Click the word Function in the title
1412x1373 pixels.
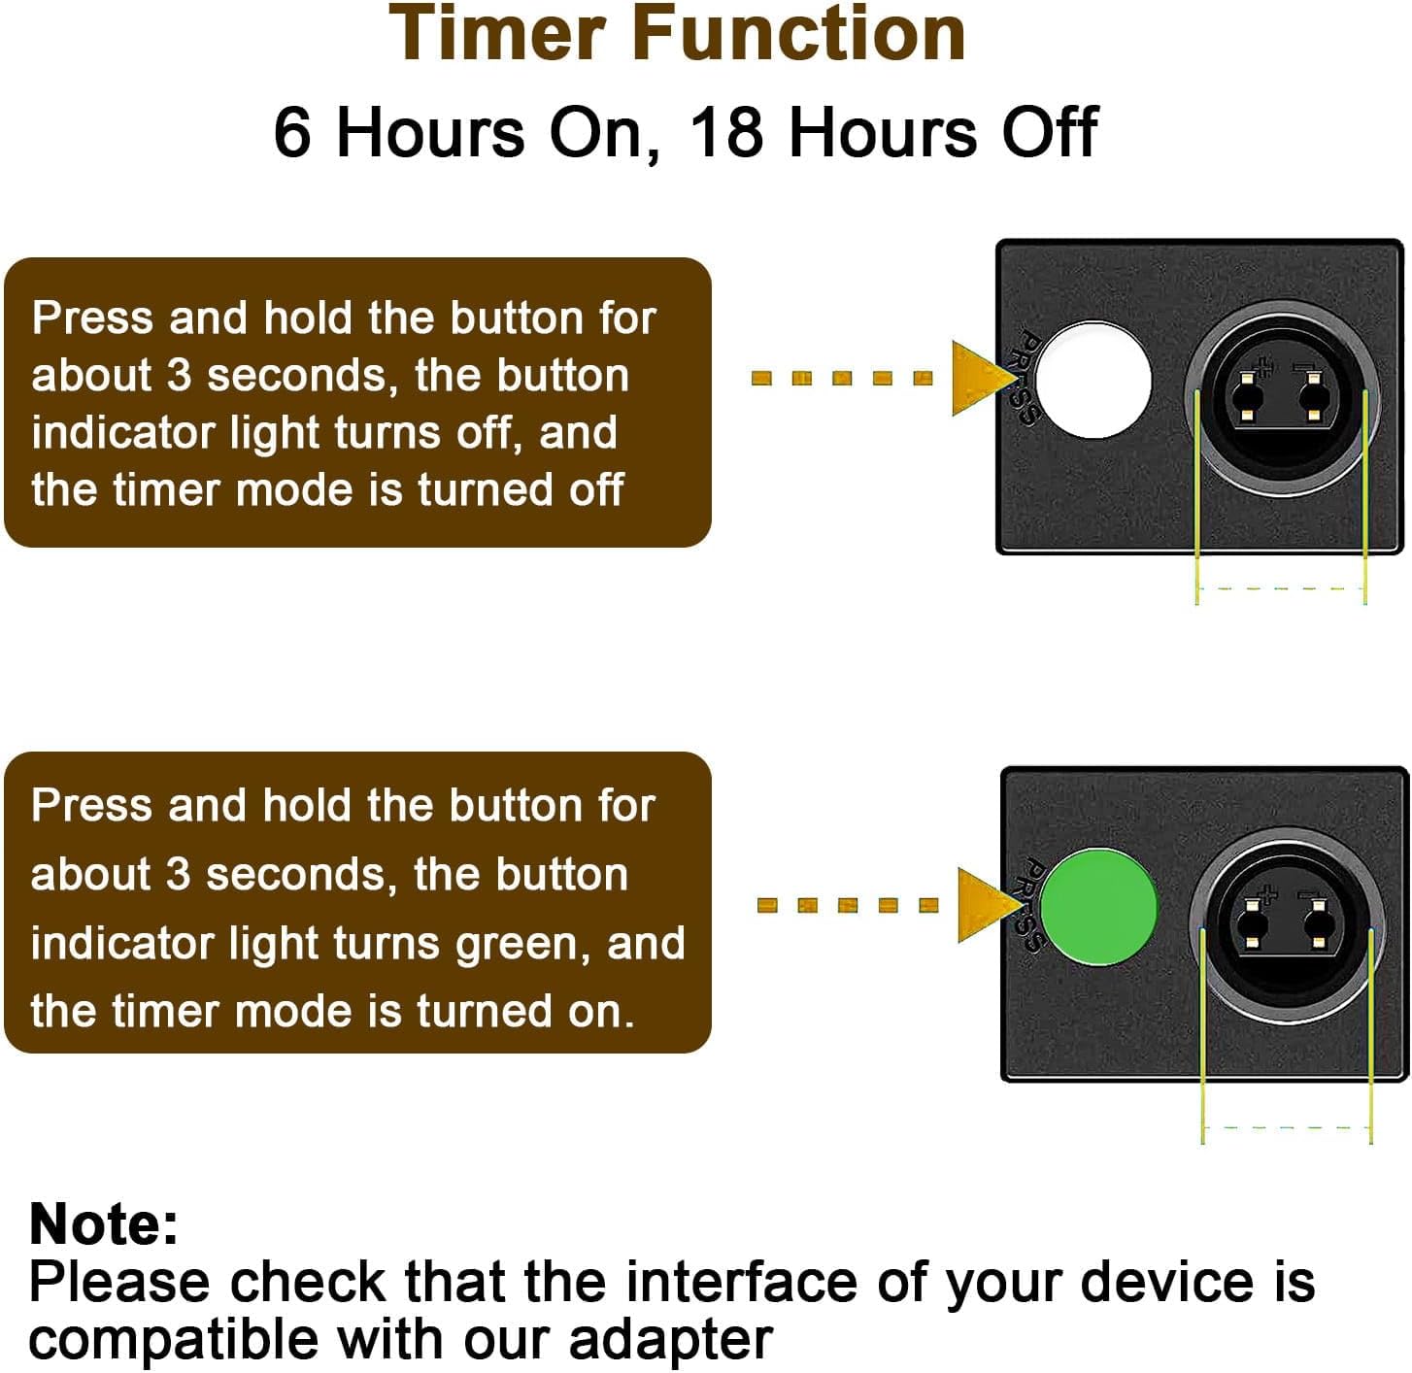799,34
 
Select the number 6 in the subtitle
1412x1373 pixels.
291,132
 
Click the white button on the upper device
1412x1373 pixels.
1093,381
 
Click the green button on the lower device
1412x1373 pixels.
1098,907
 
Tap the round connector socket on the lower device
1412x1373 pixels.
1287,926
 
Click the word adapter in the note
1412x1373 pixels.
671,1339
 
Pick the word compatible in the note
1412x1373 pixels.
174,1339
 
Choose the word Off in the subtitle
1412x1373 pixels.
1049,132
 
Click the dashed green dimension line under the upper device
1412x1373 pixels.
1282,587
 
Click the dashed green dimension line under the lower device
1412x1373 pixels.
1287,1128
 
